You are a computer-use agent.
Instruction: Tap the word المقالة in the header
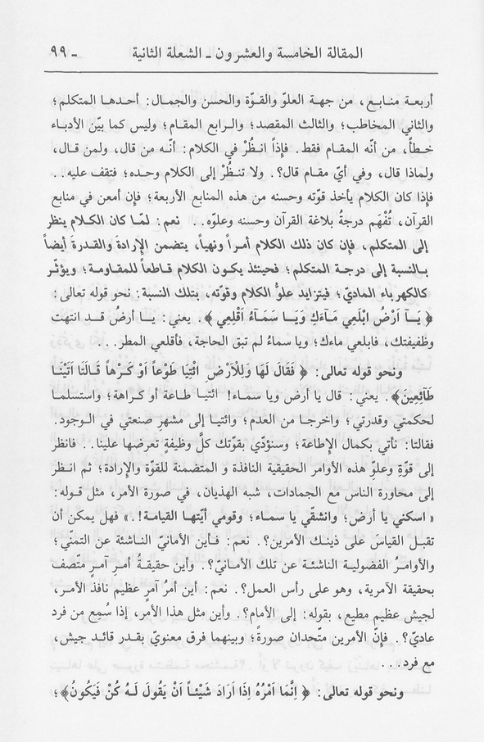pyautogui.click(x=421, y=58)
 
